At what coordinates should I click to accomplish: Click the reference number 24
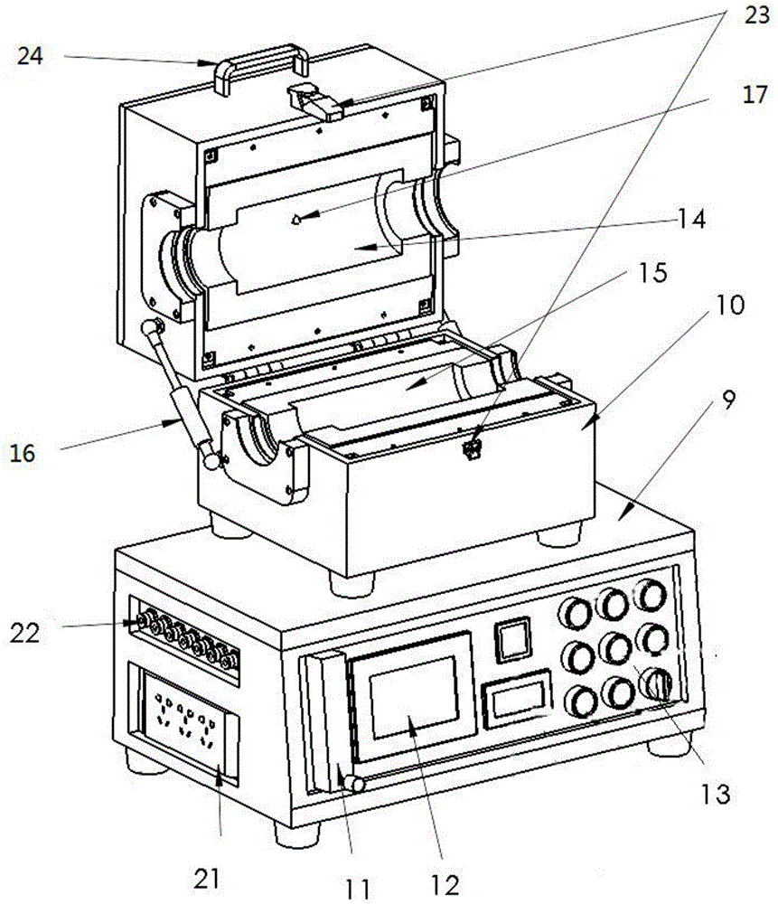[30, 56]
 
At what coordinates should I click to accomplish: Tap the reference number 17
[755, 95]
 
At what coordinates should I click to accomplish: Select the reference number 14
[691, 219]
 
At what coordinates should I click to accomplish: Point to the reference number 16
[23, 453]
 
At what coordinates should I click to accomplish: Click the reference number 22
[24, 633]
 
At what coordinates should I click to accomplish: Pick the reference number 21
[207, 879]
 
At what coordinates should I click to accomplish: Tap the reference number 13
[715, 794]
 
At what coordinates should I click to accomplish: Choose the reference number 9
[729, 400]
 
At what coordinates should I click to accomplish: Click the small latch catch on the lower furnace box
[472, 449]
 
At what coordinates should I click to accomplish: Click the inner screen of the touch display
[414, 698]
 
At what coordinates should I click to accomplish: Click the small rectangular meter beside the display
[517, 699]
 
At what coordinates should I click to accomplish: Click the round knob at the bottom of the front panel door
[354, 784]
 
